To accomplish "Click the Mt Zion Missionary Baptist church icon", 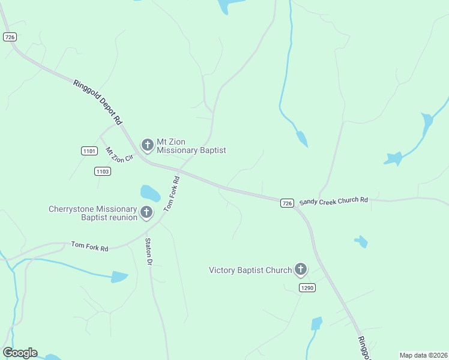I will [x=147, y=145].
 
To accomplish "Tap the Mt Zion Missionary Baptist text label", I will [x=191, y=146].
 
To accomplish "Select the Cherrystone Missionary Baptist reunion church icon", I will [x=146, y=212].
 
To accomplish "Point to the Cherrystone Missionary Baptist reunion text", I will [x=93, y=213].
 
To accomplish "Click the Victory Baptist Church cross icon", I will [x=301, y=270].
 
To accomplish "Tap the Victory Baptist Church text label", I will [x=250, y=271].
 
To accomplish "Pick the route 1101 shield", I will [x=89, y=151].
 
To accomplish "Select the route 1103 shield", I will [x=103, y=172].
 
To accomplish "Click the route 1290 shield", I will [x=307, y=288].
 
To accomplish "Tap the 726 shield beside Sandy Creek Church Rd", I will [x=287, y=203].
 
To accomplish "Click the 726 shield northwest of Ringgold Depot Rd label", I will [x=9, y=37].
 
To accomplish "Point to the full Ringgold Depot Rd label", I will [x=98, y=102].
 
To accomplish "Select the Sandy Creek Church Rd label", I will [x=333, y=202].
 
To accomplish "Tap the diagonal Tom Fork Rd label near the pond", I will [x=172, y=194].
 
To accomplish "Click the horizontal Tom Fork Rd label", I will [x=89, y=246].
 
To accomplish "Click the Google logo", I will [x=20, y=353].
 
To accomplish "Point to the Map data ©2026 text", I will [x=424, y=355].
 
